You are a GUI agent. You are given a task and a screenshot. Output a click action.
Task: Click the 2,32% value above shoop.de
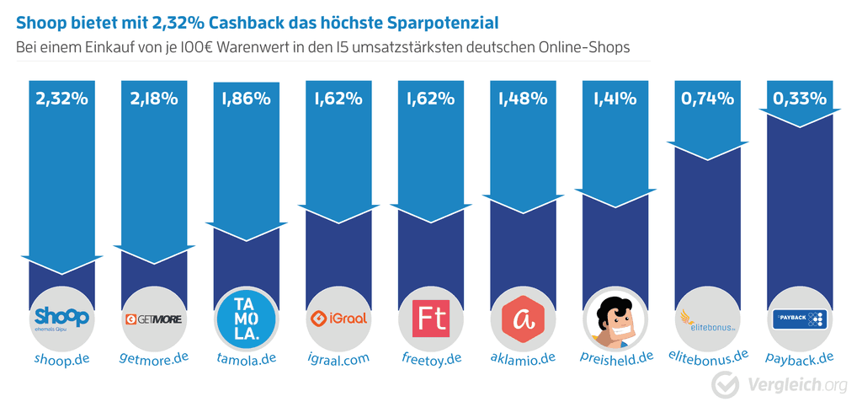[61, 99]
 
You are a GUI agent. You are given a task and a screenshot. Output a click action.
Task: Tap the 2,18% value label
[153, 99]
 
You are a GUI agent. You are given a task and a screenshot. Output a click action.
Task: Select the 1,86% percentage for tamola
[246, 99]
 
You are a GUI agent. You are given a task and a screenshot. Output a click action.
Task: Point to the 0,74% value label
[705, 99]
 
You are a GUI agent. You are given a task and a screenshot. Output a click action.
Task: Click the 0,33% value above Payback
[798, 99]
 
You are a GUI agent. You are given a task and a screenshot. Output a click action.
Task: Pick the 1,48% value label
[522, 99]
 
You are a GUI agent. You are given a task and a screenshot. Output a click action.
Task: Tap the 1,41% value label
[614, 99]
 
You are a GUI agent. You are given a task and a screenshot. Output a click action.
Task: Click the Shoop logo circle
[61, 319]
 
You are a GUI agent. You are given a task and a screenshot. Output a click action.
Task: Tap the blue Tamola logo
[246, 319]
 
